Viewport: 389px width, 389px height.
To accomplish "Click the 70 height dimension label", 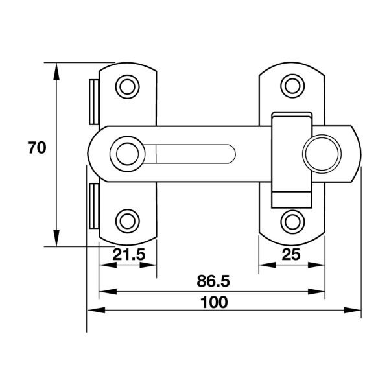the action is pos(37,148).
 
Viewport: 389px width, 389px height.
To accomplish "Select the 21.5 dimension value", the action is pos(129,255).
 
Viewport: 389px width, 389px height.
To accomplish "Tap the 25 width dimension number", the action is pos(291,254).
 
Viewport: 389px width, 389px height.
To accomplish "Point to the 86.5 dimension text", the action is pos(213,281).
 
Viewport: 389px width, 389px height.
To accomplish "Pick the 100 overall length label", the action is pos(214,302).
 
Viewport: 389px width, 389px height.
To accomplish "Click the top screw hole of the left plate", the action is pos(127,87).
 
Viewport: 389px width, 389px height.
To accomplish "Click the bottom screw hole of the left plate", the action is pos(127,221).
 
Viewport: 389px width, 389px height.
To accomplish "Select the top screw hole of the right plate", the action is pos(292,86).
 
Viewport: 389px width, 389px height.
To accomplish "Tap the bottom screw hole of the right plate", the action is pos(292,222).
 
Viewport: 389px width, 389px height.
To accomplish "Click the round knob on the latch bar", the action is pos(322,154).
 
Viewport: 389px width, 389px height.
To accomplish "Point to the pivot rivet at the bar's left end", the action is pos(127,154).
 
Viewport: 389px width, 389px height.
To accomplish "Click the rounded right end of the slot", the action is pos(231,154).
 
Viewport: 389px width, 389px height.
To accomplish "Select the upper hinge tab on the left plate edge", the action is pos(94,102).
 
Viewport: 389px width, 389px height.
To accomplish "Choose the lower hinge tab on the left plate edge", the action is pos(94,206).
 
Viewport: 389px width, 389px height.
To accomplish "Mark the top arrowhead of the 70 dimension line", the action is pos(56,71).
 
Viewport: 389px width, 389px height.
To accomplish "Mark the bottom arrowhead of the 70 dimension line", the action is pos(56,238).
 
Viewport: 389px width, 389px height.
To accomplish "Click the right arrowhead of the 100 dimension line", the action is pos(352,310).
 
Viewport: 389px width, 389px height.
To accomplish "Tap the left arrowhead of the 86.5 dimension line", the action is pos(108,292).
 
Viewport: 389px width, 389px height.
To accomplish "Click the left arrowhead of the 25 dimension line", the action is pos(267,265).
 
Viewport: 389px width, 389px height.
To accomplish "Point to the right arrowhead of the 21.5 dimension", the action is pos(148,265).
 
